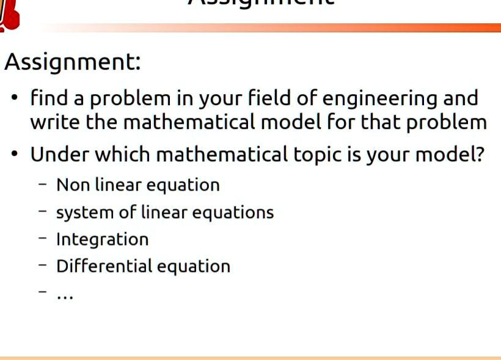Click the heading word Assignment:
tap(73, 62)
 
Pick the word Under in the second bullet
tap(58, 154)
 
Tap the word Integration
tap(102, 239)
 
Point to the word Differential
tap(104, 266)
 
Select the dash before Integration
tap(42, 239)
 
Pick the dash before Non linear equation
tap(42, 185)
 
